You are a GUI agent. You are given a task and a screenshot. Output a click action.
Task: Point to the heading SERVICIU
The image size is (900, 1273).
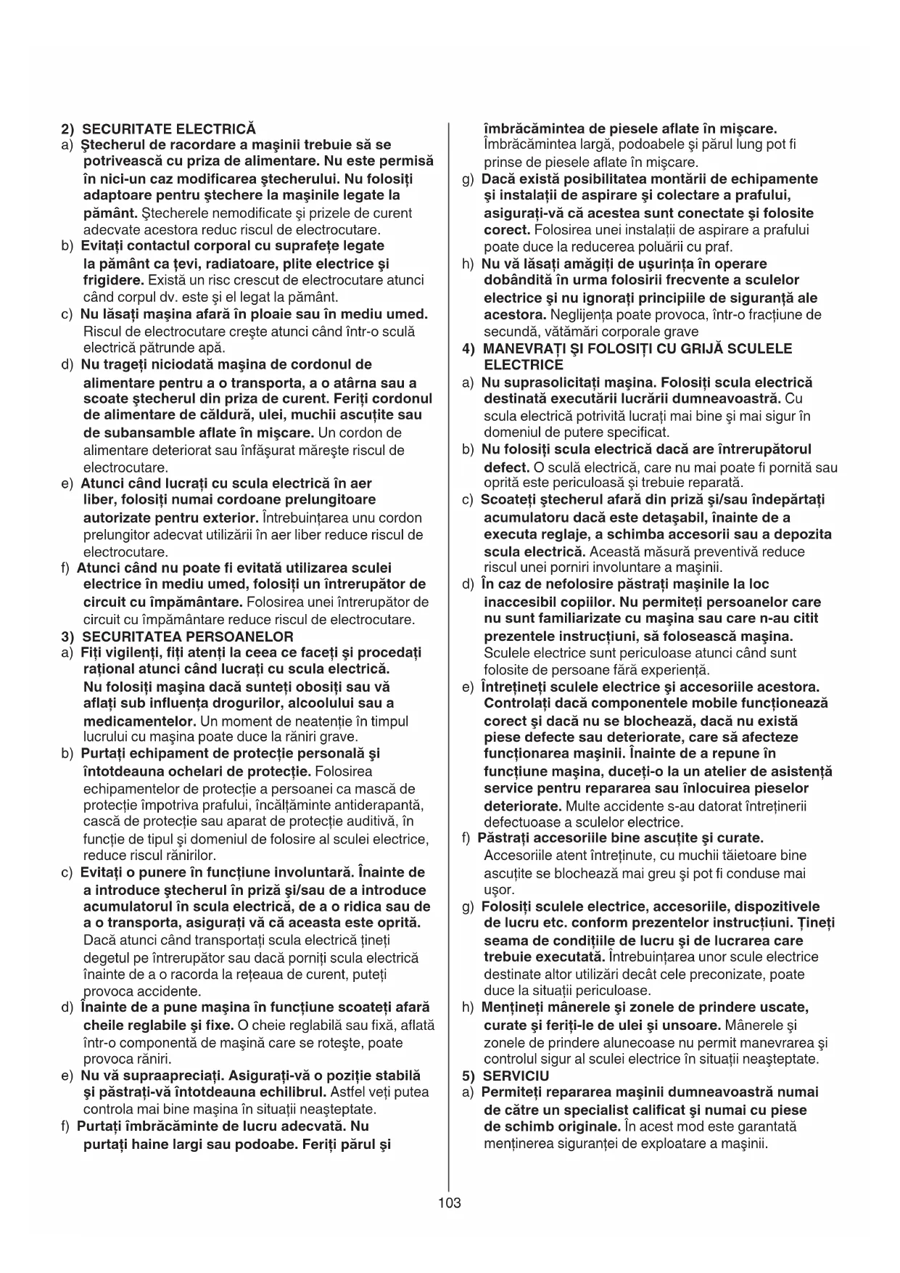[x=516, y=1076]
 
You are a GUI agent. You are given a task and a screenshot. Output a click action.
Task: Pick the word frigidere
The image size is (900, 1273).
[x=113, y=280]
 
